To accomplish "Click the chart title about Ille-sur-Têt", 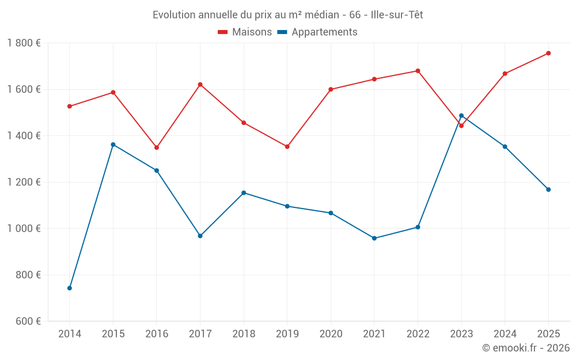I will click(287, 15).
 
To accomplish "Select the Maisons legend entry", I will click(245, 32).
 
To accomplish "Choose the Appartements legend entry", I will click(317, 32).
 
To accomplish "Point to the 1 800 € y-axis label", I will click(24, 43).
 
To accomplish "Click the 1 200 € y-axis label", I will click(24, 182).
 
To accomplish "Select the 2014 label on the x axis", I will click(70, 334).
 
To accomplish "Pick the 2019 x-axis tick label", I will click(287, 334).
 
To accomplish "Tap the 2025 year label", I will click(548, 334).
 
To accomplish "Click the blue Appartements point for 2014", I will click(70, 288).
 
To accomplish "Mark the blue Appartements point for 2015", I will click(113, 145).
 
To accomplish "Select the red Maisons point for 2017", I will click(200, 85).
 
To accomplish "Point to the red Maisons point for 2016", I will click(157, 147).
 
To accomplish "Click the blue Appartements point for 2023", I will click(461, 116).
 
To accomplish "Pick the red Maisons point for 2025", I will click(548, 53).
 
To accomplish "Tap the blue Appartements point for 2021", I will click(374, 238).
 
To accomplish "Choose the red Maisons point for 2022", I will click(418, 71).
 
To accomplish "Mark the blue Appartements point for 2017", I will click(200, 236).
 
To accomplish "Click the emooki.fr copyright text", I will click(525, 348).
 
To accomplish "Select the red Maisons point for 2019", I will click(287, 146).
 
